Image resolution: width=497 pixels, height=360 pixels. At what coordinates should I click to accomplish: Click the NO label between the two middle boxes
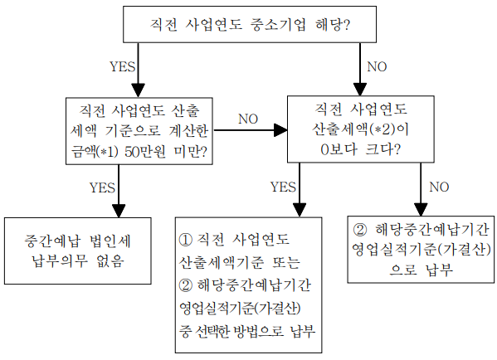[248, 119]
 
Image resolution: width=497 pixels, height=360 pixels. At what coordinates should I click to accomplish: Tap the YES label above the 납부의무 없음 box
[102, 187]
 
